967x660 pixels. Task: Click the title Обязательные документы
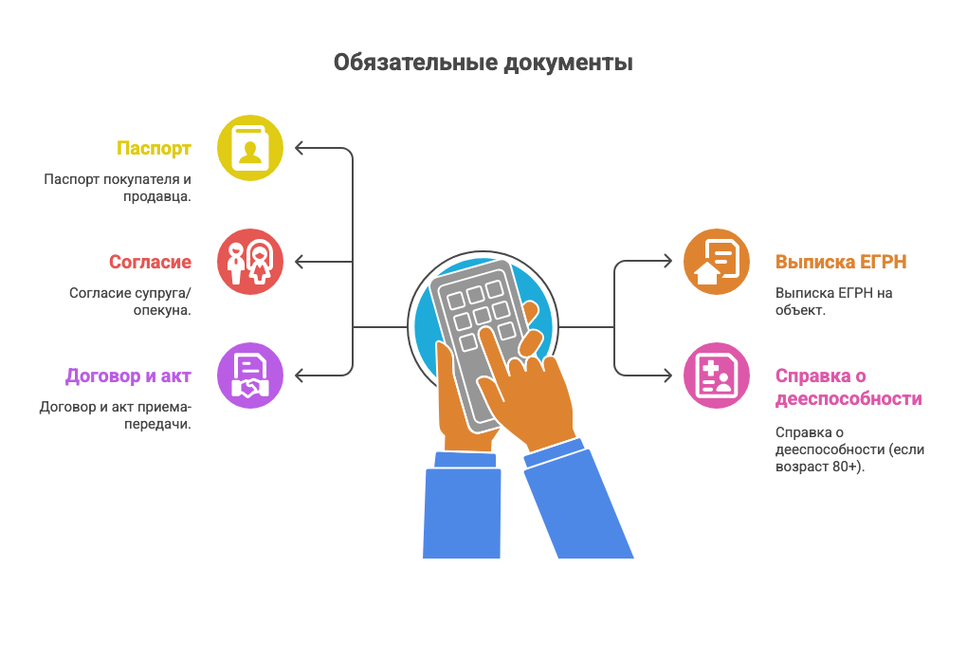coord(483,64)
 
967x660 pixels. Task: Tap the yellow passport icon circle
coord(250,148)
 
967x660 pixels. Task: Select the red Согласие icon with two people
coord(250,261)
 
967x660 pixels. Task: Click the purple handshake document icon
coord(250,376)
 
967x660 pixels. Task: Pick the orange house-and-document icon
coord(717,262)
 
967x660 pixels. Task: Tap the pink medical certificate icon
coord(717,376)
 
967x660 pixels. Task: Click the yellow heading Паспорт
coord(154,149)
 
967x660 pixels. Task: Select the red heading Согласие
coord(150,263)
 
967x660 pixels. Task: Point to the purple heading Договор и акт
coord(128,376)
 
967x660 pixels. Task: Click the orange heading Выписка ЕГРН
coord(842,263)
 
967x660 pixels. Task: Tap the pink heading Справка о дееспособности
coord(848,388)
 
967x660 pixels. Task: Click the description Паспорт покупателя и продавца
coord(118,188)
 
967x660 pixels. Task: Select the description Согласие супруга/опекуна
coord(130,302)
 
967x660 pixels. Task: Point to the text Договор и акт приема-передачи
coord(115,415)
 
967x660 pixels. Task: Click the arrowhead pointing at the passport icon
coord(300,148)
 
